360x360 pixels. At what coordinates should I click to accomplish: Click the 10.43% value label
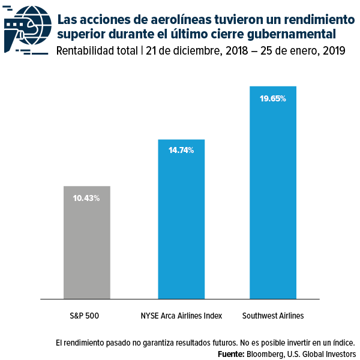[87, 198]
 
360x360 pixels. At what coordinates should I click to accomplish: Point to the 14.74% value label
[181, 151]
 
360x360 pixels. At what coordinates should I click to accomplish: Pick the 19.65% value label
[273, 98]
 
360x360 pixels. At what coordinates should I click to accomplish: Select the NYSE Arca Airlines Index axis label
[181, 316]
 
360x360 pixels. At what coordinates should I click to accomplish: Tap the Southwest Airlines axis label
[273, 316]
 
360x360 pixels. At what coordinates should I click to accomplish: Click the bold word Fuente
[233, 355]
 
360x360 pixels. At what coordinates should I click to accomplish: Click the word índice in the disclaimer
[340, 343]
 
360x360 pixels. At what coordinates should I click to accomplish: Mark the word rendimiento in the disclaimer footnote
[87, 343]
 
